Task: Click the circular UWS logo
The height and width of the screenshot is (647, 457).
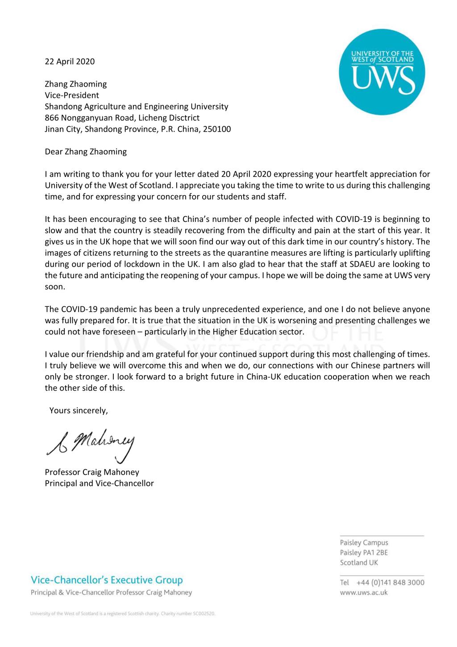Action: point(382,72)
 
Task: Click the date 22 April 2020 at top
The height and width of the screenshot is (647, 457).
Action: point(70,62)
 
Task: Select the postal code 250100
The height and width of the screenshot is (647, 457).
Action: point(217,129)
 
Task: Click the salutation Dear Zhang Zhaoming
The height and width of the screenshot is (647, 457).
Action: point(86,152)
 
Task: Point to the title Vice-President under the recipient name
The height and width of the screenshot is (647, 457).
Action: point(72,95)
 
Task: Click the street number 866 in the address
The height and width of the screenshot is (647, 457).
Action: point(52,118)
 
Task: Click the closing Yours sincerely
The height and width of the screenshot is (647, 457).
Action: point(79,410)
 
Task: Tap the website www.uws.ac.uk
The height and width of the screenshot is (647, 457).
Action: point(364,593)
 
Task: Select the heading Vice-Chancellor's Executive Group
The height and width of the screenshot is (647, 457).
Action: point(107,580)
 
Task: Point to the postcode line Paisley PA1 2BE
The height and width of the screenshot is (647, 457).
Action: point(364,553)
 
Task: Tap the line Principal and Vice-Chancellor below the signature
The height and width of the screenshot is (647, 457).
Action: point(99,483)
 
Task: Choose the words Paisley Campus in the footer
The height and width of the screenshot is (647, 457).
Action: point(364,543)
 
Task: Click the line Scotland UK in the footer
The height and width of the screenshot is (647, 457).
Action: point(359,563)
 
